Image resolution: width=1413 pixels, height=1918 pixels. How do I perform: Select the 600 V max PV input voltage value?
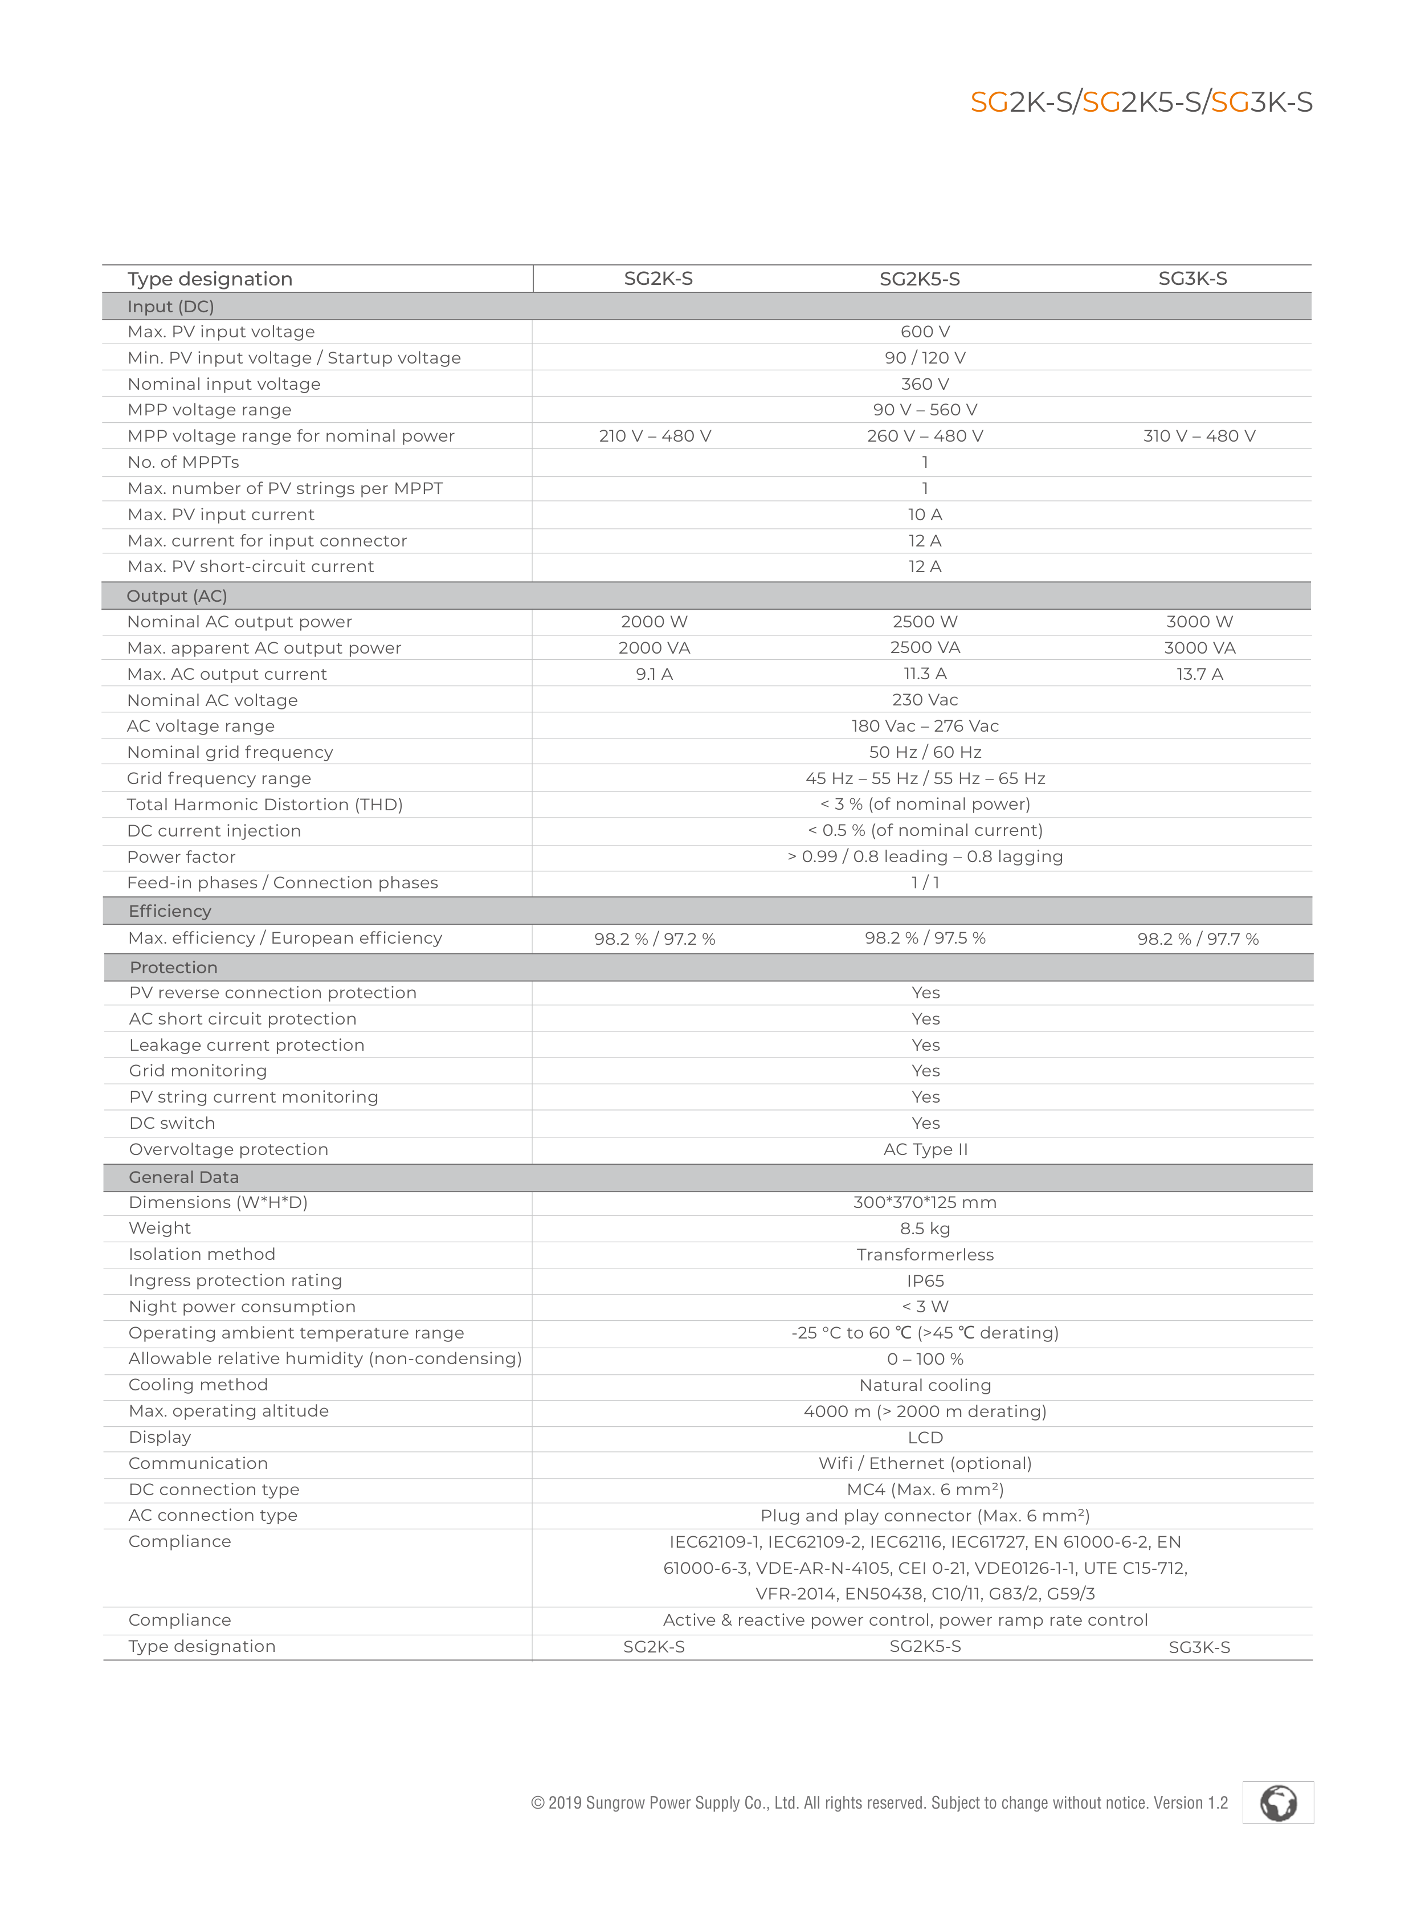925,332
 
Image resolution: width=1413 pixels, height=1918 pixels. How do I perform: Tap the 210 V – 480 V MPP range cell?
654,436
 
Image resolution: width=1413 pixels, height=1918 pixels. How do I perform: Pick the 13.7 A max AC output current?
1199,674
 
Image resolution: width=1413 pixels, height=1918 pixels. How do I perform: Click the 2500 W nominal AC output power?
925,622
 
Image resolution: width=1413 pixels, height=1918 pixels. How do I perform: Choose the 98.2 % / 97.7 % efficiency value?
1198,939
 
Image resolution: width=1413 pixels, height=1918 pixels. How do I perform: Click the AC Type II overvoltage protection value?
925,1150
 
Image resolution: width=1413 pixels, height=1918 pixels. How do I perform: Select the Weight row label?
160,1229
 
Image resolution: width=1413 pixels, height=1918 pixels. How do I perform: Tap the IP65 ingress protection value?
925,1281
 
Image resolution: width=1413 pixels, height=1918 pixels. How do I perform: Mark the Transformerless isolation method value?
925,1255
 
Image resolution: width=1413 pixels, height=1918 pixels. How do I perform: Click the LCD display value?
925,1438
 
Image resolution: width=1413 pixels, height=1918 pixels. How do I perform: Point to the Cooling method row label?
198,1385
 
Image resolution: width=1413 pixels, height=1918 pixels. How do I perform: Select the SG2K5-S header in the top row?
920,279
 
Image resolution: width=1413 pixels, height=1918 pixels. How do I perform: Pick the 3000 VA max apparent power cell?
1199,648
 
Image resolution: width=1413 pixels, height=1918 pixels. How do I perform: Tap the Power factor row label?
181,857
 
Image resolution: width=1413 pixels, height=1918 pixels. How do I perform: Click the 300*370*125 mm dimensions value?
925,1203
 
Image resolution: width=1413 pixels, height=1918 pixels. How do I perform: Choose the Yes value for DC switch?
925,1123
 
